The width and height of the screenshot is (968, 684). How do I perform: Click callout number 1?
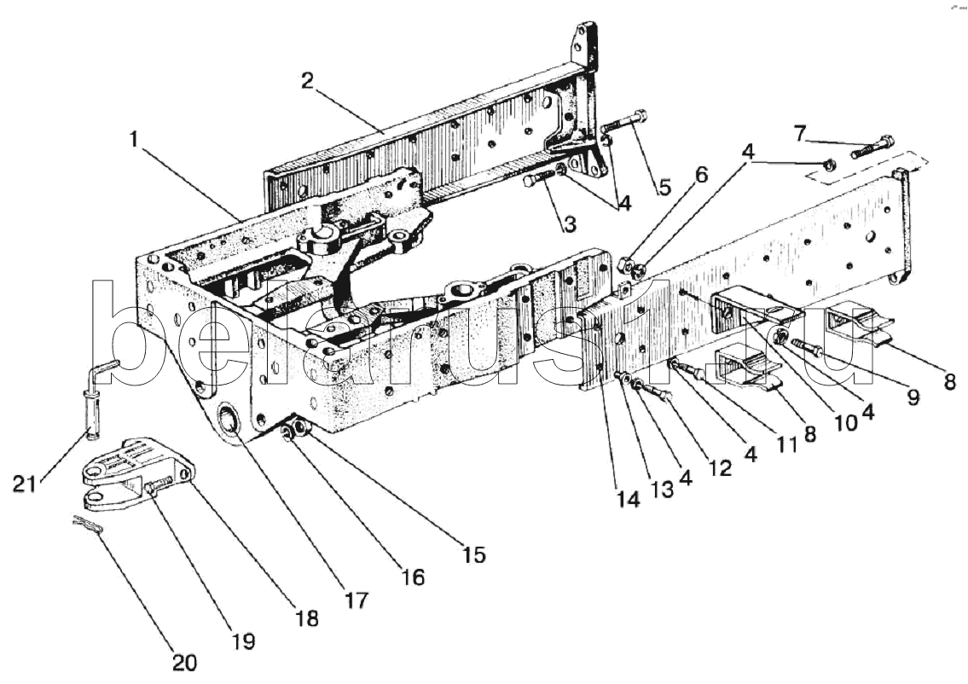tap(135, 140)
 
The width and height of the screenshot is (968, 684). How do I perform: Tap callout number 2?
tap(307, 81)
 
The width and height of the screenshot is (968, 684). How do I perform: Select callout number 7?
tap(800, 133)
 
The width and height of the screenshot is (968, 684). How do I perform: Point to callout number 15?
tap(473, 554)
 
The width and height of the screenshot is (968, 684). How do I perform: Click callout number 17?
tap(356, 600)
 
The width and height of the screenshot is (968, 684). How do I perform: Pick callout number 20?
tap(184, 663)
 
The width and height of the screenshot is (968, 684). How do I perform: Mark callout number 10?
tap(845, 422)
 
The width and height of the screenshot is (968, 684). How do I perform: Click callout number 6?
tap(701, 176)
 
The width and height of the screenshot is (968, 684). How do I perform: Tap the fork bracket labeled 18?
tap(138, 473)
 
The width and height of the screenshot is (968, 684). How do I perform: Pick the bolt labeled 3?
tap(539, 178)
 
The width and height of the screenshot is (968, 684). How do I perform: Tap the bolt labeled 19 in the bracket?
tap(159, 484)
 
